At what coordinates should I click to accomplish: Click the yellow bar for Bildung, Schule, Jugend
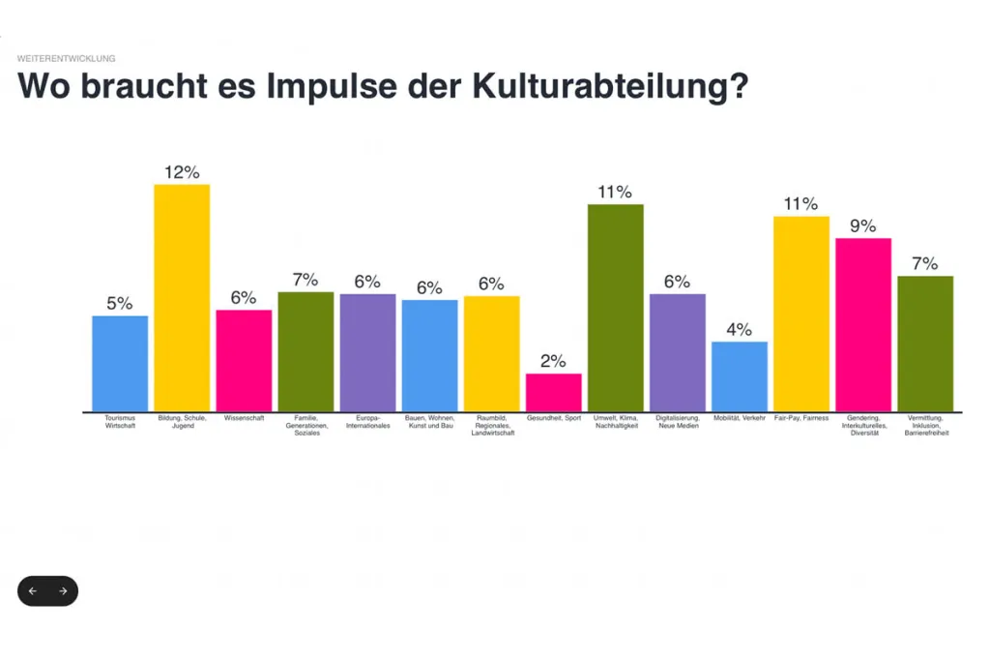pyautogui.click(x=182, y=297)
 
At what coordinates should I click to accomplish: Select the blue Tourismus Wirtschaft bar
pyautogui.click(x=120, y=363)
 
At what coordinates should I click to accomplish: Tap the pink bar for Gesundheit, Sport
pyautogui.click(x=553, y=392)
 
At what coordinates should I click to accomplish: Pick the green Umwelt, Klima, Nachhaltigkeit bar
pyautogui.click(x=615, y=308)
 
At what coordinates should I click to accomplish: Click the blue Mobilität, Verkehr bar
pyautogui.click(x=739, y=376)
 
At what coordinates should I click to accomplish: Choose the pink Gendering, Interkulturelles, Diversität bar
pyautogui.click(x=862, y=324)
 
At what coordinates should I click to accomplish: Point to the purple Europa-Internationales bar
pyautogui.click(x=367, y=352)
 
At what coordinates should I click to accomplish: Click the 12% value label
pyautogui.click(x=182, y=172)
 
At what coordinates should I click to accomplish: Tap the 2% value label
pyautogui.click(x=553, y=361)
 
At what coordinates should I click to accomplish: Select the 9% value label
pyautogui.click(x=862, y=225)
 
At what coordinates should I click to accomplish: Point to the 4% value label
pyautogui.click(x=739, y=329)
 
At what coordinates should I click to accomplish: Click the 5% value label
pyautogui.click(x=120, y=303)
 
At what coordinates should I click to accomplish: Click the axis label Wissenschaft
pyautogui.click(x=244, y=419)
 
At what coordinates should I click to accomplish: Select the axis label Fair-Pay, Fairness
pyautogui.click(x=801, y=419)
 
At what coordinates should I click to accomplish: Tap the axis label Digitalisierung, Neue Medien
pyautogui.click(x=677, y=422)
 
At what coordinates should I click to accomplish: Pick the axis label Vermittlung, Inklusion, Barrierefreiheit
pyautogui.click(x=925, y=426)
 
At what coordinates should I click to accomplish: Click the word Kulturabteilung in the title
pyautogui.click(x=610, y=86)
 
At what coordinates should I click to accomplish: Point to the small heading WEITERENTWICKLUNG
pyautogui.click(x=66, y=59)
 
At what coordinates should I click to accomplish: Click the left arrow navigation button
pyautogui.click(x=33, y=591)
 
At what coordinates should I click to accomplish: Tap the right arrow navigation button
pyautogui.click(x=63, y=591)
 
